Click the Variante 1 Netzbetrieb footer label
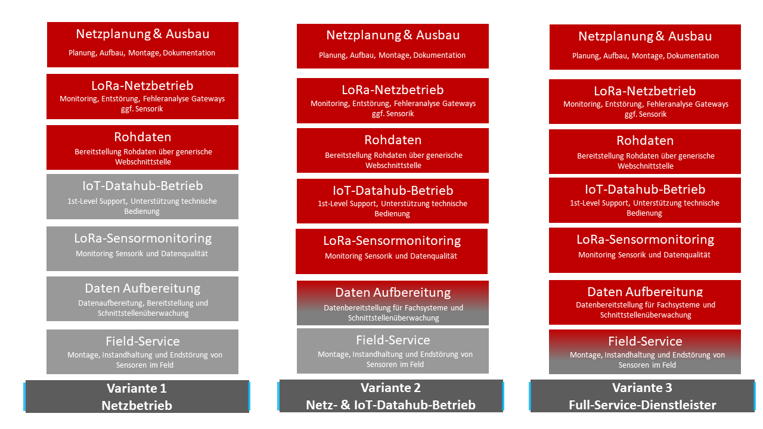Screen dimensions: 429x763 [137, 397]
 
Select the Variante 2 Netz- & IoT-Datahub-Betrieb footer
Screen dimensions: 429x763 [391, 397]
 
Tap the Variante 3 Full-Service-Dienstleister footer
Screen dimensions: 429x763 [642, 397]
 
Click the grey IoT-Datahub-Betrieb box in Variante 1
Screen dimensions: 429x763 [142, 197]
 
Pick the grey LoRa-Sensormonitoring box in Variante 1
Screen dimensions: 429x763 [142, 248]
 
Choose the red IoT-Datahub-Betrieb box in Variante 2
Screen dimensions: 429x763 [393, 201]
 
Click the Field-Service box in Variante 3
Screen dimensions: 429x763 [644, 352]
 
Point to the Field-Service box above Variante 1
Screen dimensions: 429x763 [142, 352]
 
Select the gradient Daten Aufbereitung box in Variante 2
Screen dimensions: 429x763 [393, 303]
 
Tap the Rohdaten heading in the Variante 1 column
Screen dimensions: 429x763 [142, 138]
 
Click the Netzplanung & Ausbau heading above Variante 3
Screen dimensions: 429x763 [645, 36]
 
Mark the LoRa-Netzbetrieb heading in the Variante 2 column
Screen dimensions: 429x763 [393, 90]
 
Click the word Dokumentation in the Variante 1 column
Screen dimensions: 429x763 [189, 53]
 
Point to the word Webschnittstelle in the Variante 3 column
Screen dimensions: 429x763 [646, 166]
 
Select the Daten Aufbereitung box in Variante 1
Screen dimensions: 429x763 [142, 299]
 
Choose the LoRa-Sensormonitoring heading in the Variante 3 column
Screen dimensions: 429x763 [645, 240]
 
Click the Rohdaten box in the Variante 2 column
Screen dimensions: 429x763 [393, 151]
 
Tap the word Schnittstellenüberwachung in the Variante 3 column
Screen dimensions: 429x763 [646, 315]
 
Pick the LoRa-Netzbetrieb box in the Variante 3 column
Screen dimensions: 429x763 [645, 102]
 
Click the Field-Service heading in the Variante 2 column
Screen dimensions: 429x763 [393, 340]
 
